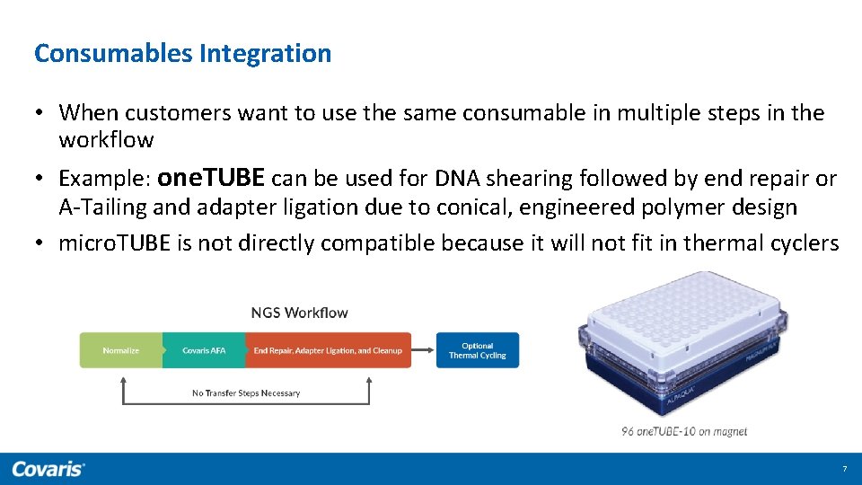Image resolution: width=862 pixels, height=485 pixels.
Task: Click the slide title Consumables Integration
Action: click(182, 54)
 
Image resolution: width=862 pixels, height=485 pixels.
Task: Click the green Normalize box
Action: click(121, 350)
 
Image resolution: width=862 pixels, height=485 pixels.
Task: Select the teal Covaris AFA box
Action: click(204, 350)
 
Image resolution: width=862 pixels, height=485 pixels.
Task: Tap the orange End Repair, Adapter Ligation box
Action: click(328, 350)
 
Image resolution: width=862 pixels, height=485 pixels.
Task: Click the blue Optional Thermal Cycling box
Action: click(478, 350)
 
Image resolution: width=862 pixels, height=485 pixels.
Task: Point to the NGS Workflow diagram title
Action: click(299, 313)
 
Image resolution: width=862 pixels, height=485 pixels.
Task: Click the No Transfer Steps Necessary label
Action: click(246, 392)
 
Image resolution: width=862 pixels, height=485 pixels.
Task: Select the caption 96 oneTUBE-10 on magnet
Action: click(683, 431)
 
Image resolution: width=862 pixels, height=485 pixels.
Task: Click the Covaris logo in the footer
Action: click(48, 469)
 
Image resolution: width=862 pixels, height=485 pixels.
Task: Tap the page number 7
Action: click(844, 470)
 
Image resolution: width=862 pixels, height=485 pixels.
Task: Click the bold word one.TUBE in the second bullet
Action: click(211, 178)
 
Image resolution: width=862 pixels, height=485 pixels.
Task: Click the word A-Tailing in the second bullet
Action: click(102, 207)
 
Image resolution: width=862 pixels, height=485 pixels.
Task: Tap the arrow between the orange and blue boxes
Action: click(423, 350)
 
